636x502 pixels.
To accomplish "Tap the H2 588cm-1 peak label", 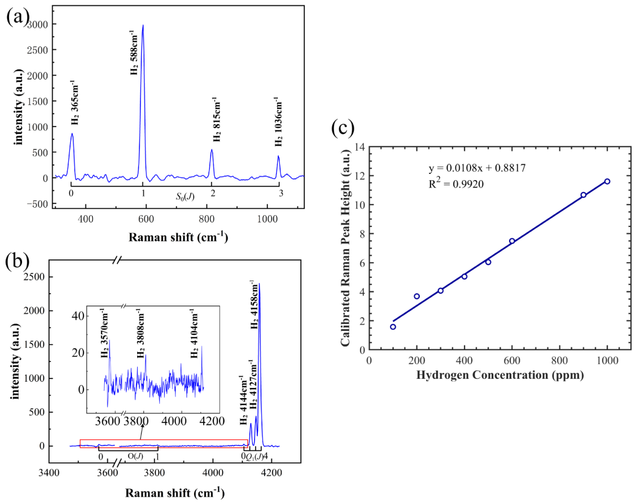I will pos(134,54).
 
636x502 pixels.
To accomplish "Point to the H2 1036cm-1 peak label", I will pos(277,125).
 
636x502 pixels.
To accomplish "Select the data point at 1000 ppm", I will pos(607,181).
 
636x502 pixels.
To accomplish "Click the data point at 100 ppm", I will pos(393,326).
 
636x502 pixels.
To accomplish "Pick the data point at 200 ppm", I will pos(416,296).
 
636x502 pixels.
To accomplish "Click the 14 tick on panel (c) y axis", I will pos(359,147).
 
